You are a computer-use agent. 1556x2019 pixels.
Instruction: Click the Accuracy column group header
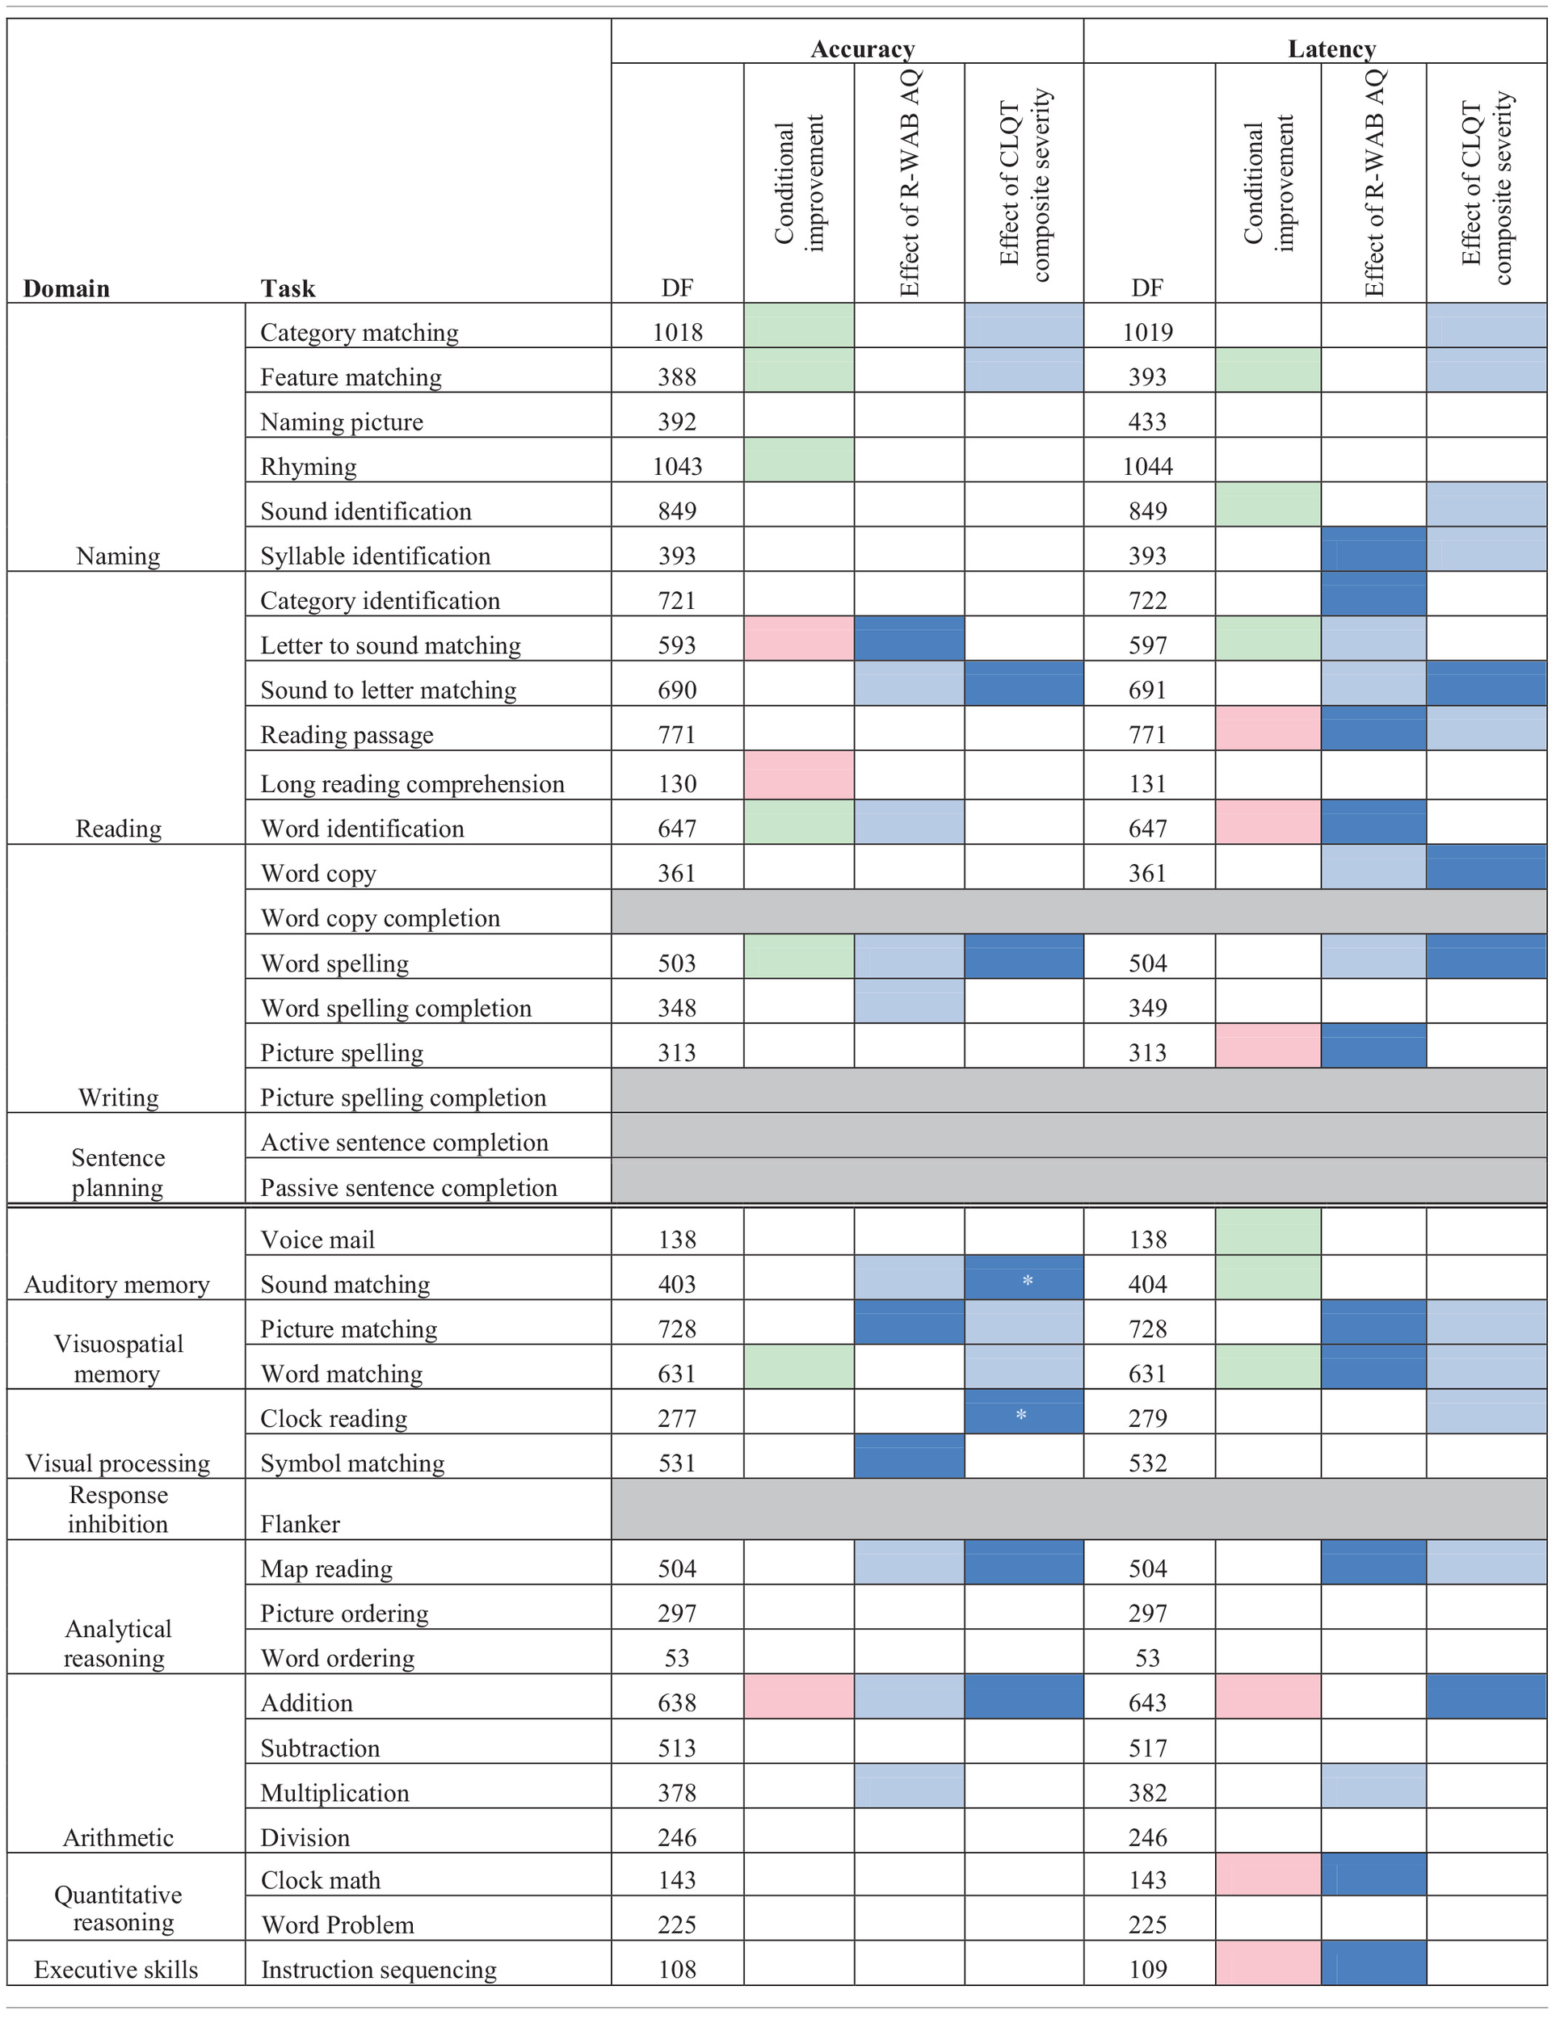862,48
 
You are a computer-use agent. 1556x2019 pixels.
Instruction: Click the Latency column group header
1331,48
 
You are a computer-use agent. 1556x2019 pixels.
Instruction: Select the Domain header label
66,288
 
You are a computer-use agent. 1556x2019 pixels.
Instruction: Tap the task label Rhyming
308,466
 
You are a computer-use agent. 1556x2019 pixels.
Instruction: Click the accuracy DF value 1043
677,466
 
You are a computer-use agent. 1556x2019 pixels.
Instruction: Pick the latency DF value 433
1147,422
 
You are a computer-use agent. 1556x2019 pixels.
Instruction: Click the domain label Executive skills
116,1969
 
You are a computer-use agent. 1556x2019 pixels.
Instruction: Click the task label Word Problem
338,1925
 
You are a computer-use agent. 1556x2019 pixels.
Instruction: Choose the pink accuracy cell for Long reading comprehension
799,774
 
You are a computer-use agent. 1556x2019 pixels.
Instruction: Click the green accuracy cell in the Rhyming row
799,460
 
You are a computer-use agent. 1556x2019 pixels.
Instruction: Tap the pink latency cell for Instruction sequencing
1268,1962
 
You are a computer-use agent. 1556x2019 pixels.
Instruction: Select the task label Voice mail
318,1239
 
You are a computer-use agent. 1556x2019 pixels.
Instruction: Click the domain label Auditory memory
116,1284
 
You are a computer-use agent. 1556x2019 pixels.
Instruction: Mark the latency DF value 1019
1147,332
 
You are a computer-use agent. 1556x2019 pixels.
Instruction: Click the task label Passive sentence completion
409,1187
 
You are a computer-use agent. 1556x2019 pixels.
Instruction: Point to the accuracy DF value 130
677,783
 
